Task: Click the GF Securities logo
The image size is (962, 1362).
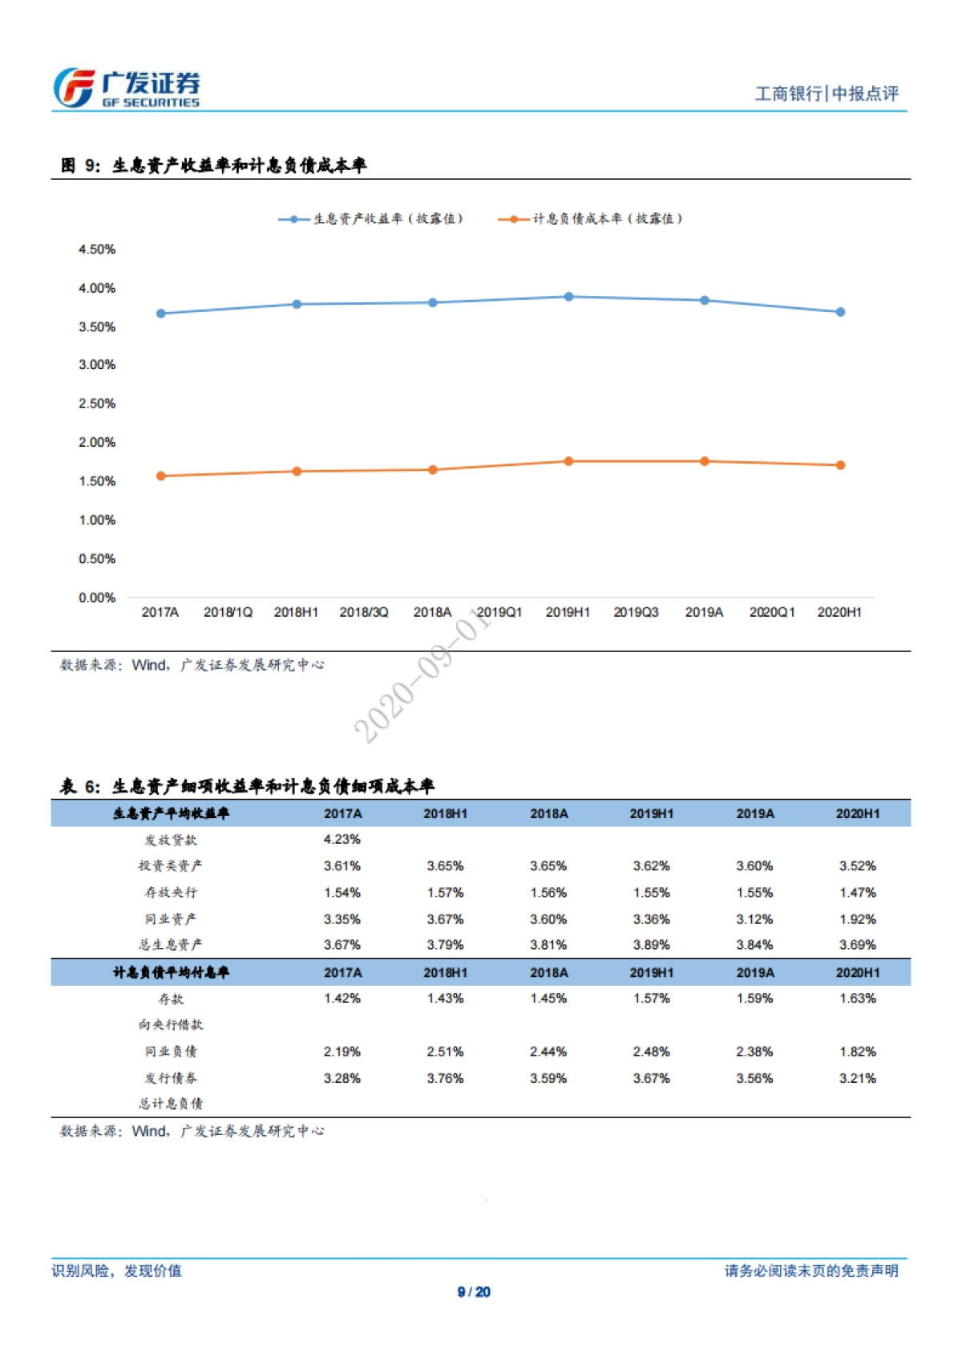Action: coord(127,88)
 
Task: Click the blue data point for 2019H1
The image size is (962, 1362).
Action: coord(568,297)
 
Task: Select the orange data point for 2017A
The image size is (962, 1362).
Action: coord(161,476)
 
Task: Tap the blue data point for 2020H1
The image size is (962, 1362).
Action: coord(840,312)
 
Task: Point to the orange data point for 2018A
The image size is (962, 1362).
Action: coord(433,470)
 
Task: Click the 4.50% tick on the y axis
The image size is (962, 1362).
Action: coord(97,249)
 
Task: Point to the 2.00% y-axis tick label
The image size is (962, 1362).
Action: coord(97,442)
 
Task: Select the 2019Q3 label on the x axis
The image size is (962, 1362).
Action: coord(636,612)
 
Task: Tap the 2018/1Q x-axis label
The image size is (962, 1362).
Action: coord(228,612)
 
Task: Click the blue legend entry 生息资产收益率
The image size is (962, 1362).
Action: coord(371,219)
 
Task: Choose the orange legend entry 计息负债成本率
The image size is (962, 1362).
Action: coord(591,219)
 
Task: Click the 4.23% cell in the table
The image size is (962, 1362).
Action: coord(342,839)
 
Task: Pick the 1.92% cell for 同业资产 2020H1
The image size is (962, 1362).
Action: coord(858,919)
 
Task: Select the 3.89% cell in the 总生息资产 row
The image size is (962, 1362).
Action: coord(652,945)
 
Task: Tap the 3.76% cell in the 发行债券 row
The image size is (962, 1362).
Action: coord(445,1078)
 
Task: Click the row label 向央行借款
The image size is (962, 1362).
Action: coord(171,1024)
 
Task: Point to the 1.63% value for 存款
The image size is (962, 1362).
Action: coord(858,998)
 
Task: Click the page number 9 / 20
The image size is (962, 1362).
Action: coord(474,1291)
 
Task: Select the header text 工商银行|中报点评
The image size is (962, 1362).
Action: coord(827,94)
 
